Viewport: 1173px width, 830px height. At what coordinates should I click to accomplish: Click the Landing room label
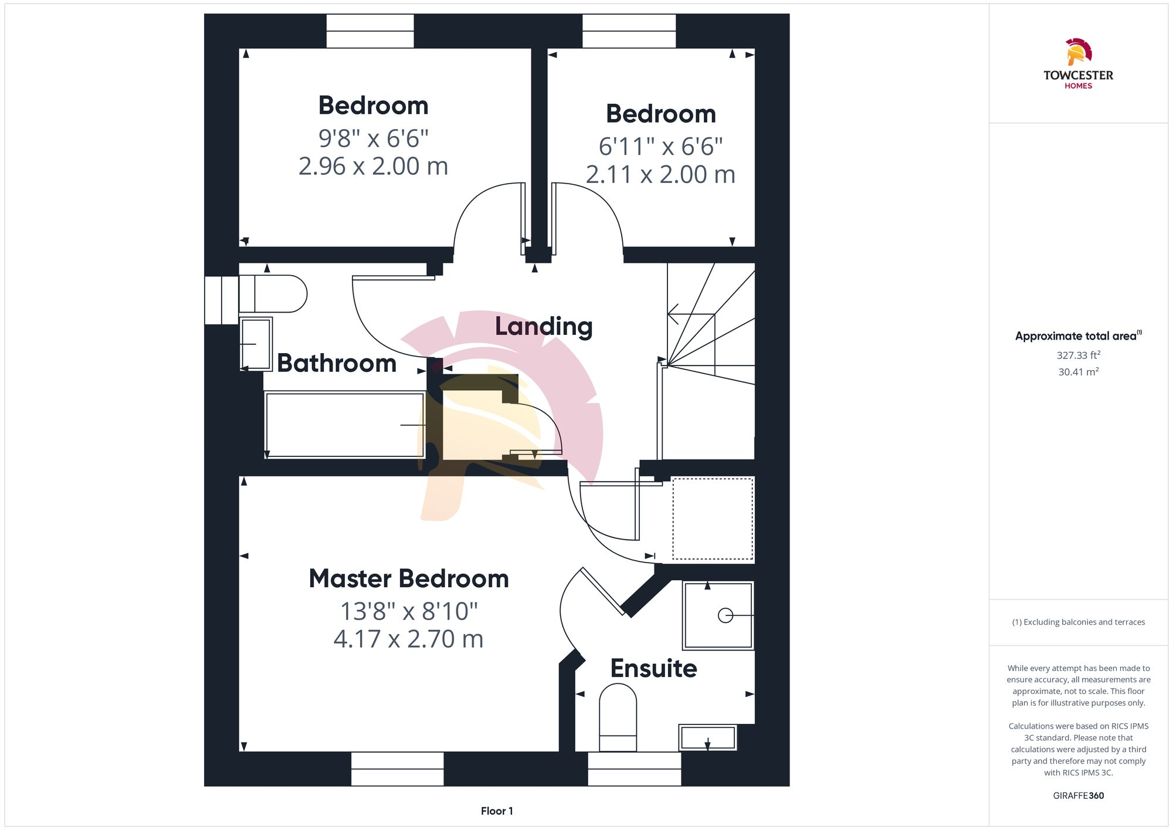(x=544, y=327)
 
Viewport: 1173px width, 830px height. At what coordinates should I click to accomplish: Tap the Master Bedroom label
(x=409, y=579)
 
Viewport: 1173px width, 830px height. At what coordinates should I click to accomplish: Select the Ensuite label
(x=653, y=669)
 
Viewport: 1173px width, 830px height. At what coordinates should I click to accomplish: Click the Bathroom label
(x=337, y=363)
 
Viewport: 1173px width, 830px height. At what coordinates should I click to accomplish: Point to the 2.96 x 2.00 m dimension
(x=373, y=167)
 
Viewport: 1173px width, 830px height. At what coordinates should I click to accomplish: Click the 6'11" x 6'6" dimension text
(x=660, y=147)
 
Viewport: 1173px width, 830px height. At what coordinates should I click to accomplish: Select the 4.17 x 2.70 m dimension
(x=408, y=639)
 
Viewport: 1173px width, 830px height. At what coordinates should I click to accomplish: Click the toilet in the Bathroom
(x=273, y=293)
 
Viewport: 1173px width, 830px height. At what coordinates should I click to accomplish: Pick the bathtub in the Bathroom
(x=344, y=425)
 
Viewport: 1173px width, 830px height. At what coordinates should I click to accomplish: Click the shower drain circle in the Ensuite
(x=726, y=615)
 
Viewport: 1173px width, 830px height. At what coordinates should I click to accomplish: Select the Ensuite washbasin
(x=707, y=737)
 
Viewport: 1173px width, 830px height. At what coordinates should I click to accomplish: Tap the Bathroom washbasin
(x=256, y=344)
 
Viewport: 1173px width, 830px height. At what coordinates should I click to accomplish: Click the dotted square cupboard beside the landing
(x=712, y=519)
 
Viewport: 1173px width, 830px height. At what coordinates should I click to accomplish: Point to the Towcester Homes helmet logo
(x=1078, y=52)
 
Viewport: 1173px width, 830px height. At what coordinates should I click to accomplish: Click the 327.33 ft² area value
(x=1078, y=355)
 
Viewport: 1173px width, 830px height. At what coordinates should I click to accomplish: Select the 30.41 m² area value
(x=1078, y=372)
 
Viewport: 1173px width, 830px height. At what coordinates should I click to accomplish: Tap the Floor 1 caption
(x=497, y=811)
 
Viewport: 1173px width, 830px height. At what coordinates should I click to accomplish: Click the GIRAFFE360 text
(x=1078, y=796)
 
